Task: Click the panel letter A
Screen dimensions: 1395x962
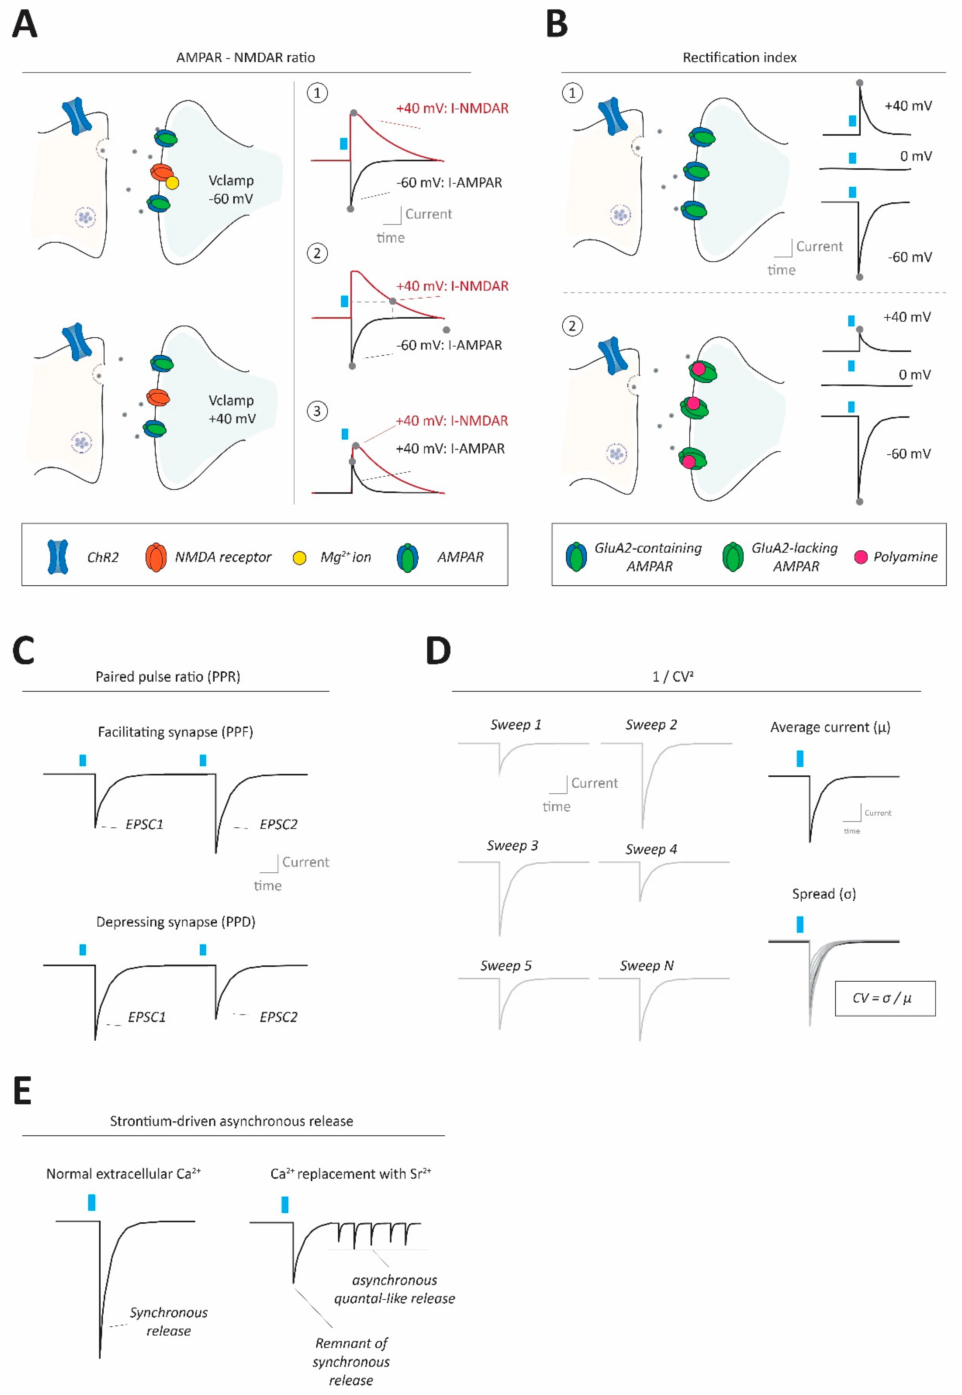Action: point(25,25)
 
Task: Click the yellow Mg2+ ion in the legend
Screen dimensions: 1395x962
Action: point(299,558)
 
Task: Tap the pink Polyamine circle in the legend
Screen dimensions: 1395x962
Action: point(861,556)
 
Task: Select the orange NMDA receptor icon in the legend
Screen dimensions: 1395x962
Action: point(155,557)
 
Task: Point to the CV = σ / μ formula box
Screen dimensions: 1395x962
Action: point(884,998)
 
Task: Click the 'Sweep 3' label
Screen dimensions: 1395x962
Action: point(512,845)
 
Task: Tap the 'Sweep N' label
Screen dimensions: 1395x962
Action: point(647,965)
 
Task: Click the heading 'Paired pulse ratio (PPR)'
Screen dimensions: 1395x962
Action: point(168,676)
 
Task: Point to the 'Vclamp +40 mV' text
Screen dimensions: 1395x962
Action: point(231,409)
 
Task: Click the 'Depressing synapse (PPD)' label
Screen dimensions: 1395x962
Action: point(176,922)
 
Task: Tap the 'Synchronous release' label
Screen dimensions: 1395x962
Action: point(168,1321)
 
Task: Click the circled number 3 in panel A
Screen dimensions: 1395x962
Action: point(317,411)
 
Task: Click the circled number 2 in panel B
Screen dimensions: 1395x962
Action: point(572,326)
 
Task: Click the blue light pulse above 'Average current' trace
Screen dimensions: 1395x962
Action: point(800,758)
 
